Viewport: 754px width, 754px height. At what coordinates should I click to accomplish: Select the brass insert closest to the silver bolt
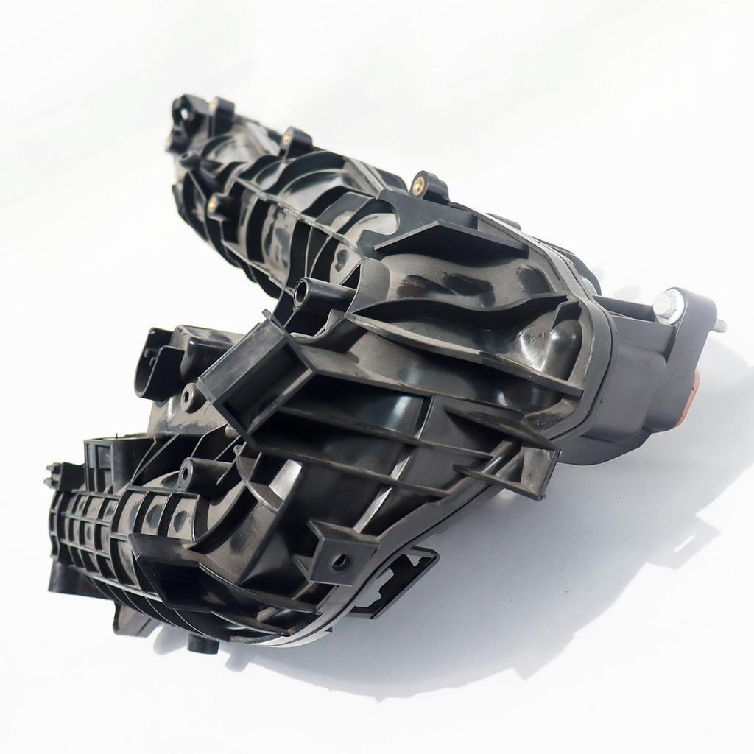pos(422,181)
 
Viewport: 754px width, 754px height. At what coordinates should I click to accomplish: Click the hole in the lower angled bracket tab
pos(339,563)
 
